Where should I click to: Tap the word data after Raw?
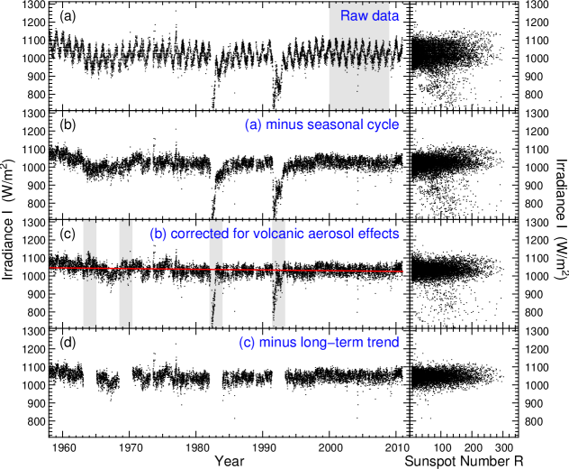pyautogui.click(x=384, y=16)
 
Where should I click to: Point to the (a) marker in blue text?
pyautogui.click(x=253, y=124)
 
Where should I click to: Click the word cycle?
pyautogui.click(x=382, y=124)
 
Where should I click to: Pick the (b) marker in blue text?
pyautogui.click(x=158, y=234)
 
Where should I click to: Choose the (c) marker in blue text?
pyautogui.click(x=247, y=343)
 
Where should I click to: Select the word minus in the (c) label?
pyautogui.click(x=277, y=343)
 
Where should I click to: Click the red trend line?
pyautogui.click(x=180, y=269)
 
